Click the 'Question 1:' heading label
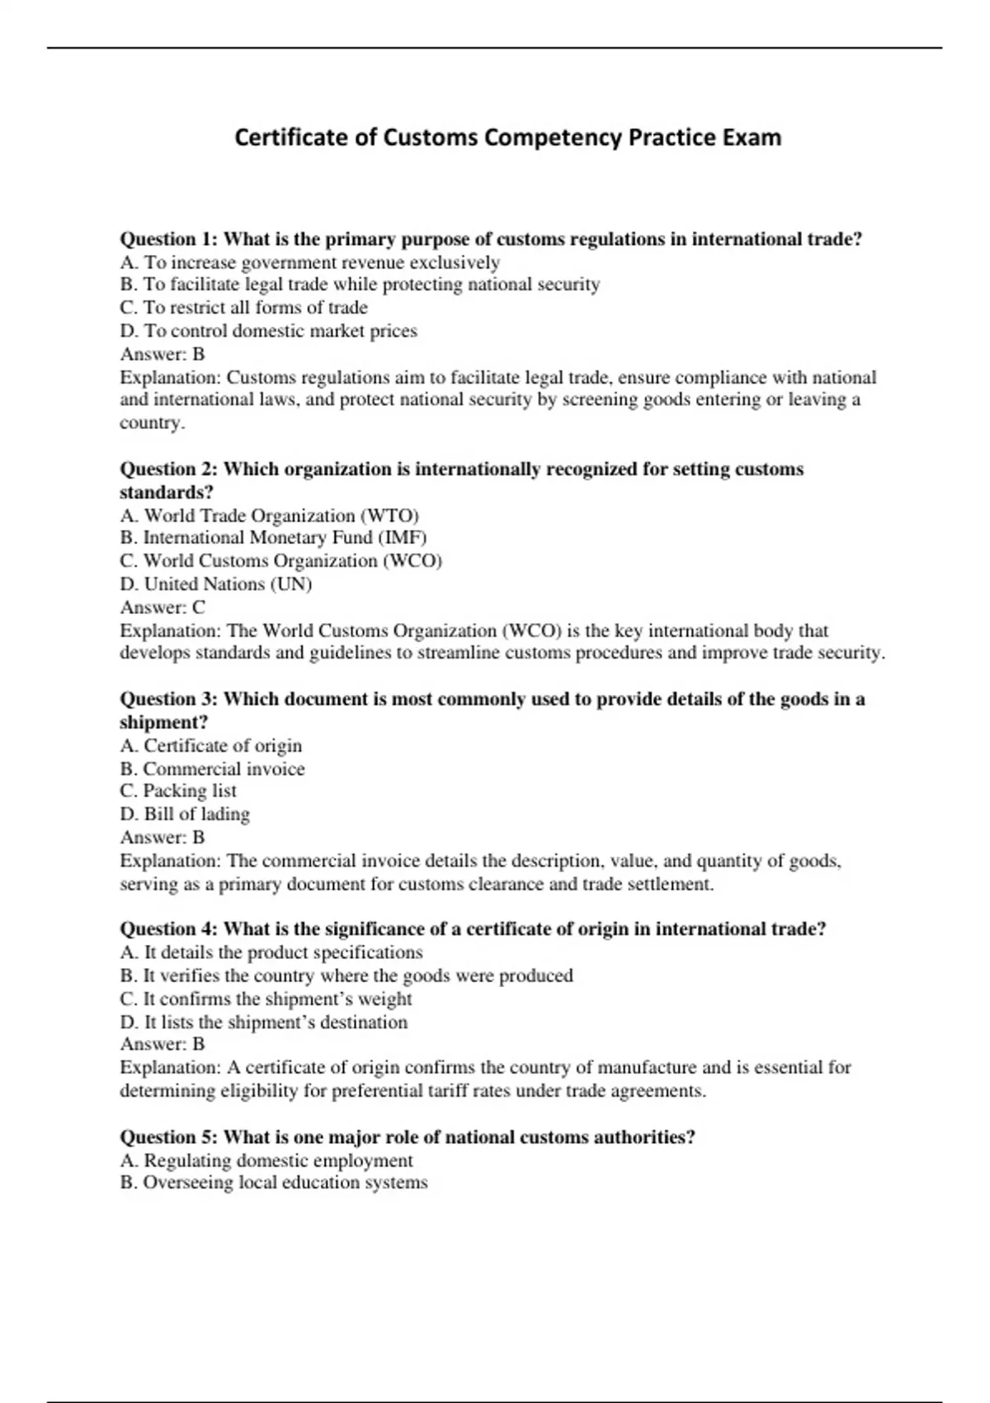[x=169, y=239]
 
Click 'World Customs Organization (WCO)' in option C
[x=292, y=561]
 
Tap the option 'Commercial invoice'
[x=223, y=769]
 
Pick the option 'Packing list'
[x=189, y=791]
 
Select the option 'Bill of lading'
[x=196, y=814]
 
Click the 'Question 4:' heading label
[x=169, y=929]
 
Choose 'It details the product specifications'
[x=283, y=952]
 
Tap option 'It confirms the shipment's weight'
[x=277, y=999]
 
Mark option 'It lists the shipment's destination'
[x=276, y=1023]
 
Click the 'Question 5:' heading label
[x=169, y=1137]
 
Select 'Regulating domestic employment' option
[x=278, y=1160]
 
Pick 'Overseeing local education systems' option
[x=285, y=1183]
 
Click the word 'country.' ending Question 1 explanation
[x=153, y=423]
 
